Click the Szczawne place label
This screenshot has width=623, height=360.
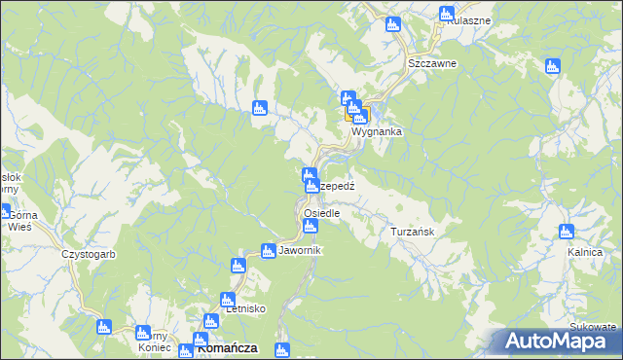[432, 62]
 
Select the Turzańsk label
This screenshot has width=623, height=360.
[418, 233]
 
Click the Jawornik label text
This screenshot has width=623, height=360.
[299, 251]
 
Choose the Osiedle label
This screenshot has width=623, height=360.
[321, 213]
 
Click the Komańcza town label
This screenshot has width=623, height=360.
[227, 346]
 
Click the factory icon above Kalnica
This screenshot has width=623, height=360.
[567, 232]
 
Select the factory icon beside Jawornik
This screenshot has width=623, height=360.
[268, 251]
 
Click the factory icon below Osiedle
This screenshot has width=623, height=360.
[310, 227]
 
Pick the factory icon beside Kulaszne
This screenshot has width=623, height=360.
[446, 14]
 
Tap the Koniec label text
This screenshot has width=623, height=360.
[155, 348]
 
